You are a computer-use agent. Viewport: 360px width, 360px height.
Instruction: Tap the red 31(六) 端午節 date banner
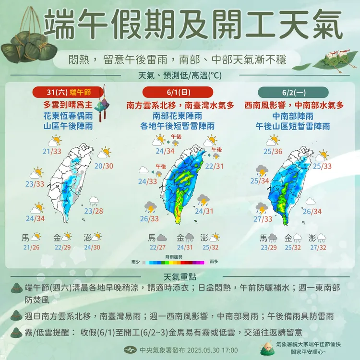(x=68, y=93)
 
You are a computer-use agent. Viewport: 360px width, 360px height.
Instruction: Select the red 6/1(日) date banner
(x=177, y=93)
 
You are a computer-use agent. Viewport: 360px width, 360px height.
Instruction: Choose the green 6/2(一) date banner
(x=288, y=93)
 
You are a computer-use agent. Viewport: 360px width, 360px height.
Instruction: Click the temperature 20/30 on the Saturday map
(x=104, y=166)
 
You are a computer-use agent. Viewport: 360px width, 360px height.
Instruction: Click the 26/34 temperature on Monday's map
(x=312, y=211)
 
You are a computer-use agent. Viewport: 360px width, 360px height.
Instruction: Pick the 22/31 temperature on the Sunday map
(x=214, y=166)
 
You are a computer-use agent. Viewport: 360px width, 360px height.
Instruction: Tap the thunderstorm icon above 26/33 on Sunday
(x=150, y=207)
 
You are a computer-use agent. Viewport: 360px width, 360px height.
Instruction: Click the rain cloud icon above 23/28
(x=94, y=201)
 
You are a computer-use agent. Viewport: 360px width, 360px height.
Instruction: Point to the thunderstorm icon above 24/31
(x=203, y=200)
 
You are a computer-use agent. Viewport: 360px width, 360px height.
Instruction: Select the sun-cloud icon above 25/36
(x=273, y=141)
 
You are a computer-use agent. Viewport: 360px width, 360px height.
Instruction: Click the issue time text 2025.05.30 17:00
(x=207, y=349)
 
